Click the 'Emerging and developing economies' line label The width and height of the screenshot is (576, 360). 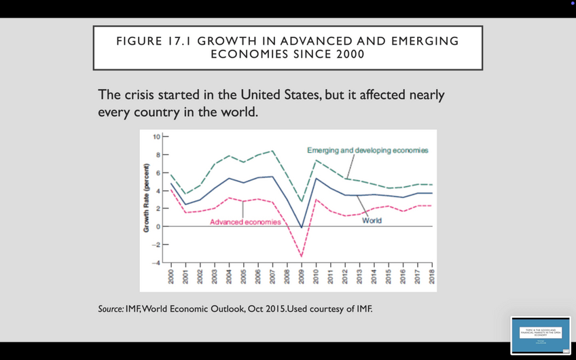[367, 149]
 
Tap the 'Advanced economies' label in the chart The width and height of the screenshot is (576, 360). [245, 223]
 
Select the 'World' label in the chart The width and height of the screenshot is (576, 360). [372, 221]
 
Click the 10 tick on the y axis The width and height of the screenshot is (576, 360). [156, 137]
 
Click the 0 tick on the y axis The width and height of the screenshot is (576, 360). [156, 226]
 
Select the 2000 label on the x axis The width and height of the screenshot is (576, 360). [171, 278]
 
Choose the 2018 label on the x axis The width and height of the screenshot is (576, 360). [432, 278]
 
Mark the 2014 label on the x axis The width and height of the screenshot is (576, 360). [374, 278]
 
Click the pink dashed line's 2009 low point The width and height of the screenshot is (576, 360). [302, 256]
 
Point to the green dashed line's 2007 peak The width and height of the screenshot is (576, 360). [272, 151]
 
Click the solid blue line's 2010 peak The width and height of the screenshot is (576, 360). [317, 178]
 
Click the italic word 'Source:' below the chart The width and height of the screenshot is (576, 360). [111, 309]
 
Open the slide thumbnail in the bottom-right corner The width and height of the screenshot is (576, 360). [541, 335]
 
